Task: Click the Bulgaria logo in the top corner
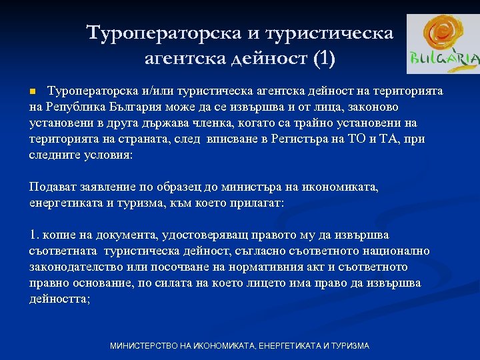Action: click(443, 43)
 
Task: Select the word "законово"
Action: click(369, 107)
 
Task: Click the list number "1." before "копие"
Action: click(36, 235)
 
